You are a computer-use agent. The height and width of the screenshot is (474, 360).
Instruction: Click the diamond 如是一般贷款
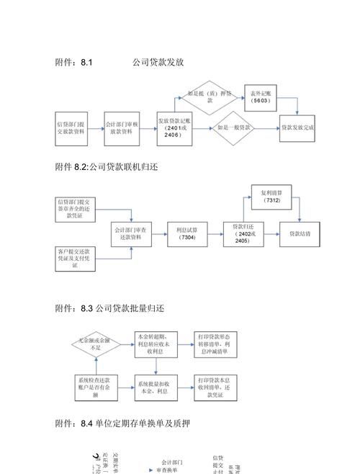pyautogui.click(x=234, y=128)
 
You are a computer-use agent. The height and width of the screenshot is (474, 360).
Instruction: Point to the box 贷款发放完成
pyautogui.click(x=298, y=128)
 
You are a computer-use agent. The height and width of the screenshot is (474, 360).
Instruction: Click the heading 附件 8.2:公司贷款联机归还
pyautogui.click(x=106, y=167)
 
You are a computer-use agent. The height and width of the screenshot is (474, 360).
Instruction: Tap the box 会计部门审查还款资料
pyautogui.click(x=131, y=233)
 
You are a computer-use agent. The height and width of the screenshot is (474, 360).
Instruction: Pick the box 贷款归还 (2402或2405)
pyautogui.click(x=244, y=233)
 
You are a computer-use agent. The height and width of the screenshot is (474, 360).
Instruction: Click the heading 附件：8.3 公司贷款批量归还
pyautogui.click(x=110, y=309)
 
